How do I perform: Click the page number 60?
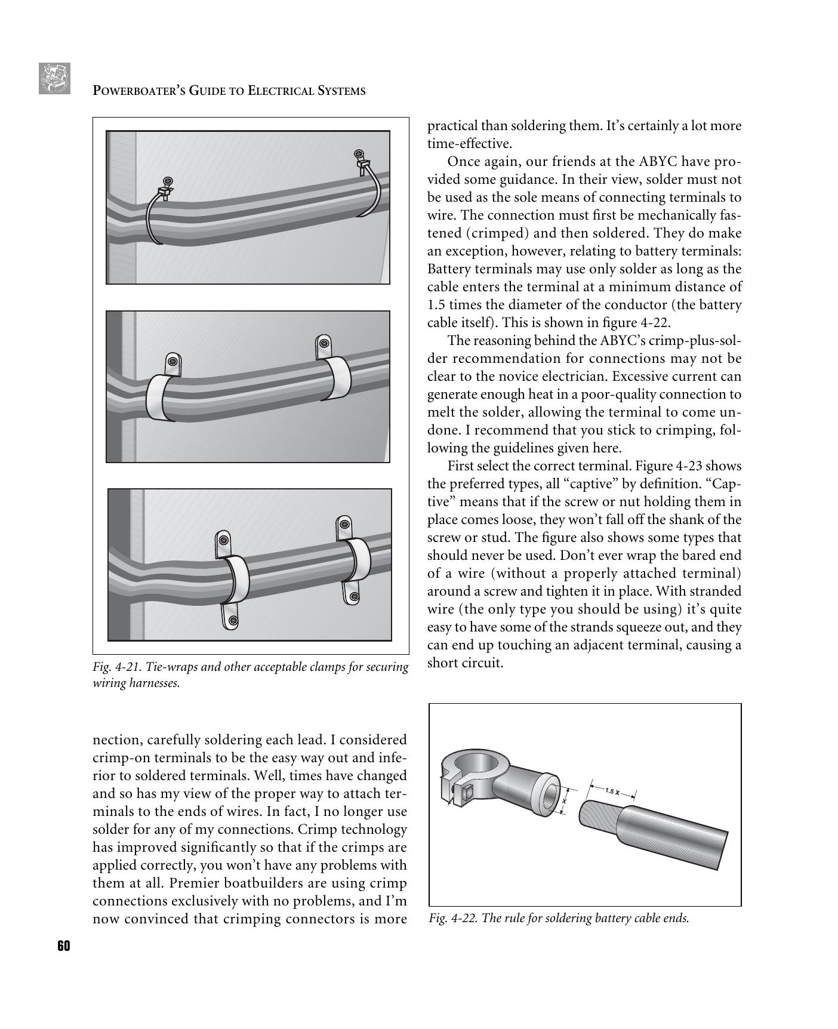pyautogui.click(x=64, y=946)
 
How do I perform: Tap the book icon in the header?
pyautogui.click(x=55, y=79)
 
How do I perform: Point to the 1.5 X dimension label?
pyautogui.click(x=612, y=791)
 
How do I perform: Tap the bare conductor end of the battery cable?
pyautogui.click(x=599, y=815)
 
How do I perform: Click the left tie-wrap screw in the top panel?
pyautogui.click(x=168, y=180)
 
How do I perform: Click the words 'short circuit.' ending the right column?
pyautogui.click(x=466, y=663)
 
